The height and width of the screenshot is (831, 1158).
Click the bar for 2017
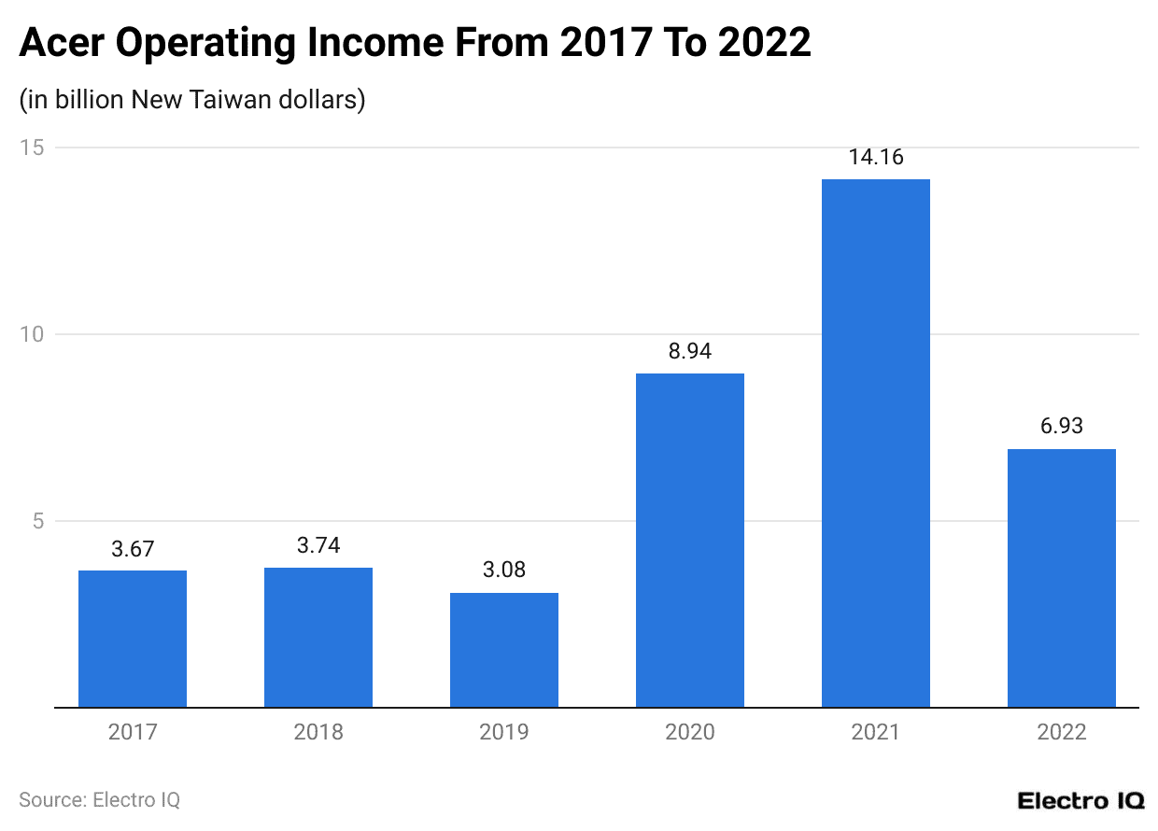coord(133,639)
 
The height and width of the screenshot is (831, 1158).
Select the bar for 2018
coord(318,638)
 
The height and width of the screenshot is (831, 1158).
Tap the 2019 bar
coord(504,650)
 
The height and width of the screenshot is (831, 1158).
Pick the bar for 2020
coord(690,541)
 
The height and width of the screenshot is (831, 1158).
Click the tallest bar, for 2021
coord(876,444)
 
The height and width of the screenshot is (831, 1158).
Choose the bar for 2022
coord(1062,578)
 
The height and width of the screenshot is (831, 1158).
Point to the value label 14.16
coord(876,157)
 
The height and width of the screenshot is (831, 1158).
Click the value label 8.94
coord(690,351)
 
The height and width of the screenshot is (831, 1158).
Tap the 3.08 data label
coord(504,570)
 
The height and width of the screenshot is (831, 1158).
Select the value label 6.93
coord(1062,427)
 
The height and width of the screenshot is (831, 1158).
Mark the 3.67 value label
coord(133,549)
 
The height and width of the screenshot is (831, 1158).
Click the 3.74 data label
coord(318,546)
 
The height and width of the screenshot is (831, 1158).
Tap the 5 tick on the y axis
coord(38,521)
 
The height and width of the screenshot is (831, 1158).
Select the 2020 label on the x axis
coord(690,732)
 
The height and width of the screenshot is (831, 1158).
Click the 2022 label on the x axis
coord(1062,732)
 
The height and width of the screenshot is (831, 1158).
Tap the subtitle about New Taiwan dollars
coord(191,100)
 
